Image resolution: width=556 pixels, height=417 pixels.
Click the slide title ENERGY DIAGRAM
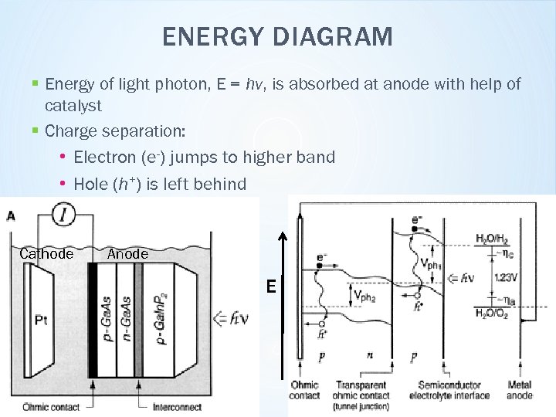click(x=278, y=36)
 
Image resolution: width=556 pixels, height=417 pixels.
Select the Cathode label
click(x=46, y=254)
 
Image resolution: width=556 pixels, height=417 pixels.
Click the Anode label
click(x=127, y=254)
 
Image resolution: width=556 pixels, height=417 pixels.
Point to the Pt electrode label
click(x=41, y=318)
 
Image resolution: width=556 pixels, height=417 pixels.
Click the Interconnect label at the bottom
click(x=178, y=406)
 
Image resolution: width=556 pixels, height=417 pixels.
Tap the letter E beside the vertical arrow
click(x=271, y=286)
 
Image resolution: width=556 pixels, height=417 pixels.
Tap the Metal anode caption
click(x=520, y=390)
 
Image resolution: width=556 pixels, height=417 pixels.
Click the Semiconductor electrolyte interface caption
click(x=453, y=390)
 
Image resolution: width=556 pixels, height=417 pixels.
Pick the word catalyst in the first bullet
click(x=73, y=104)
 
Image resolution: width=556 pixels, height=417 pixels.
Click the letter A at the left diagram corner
click(x=11, y=215)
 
